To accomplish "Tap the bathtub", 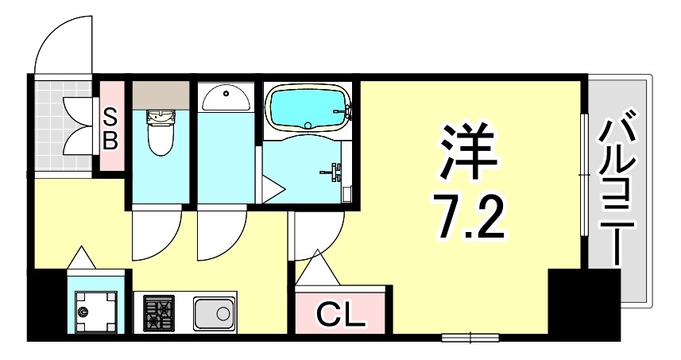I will tap(308, 107).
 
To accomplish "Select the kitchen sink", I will tap(214, 312).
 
